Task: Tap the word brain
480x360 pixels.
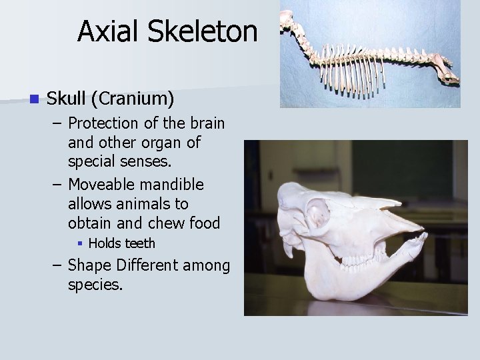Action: pos(205,123)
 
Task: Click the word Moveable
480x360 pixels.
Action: pos(102,183)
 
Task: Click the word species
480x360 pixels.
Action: pos(95,285)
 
